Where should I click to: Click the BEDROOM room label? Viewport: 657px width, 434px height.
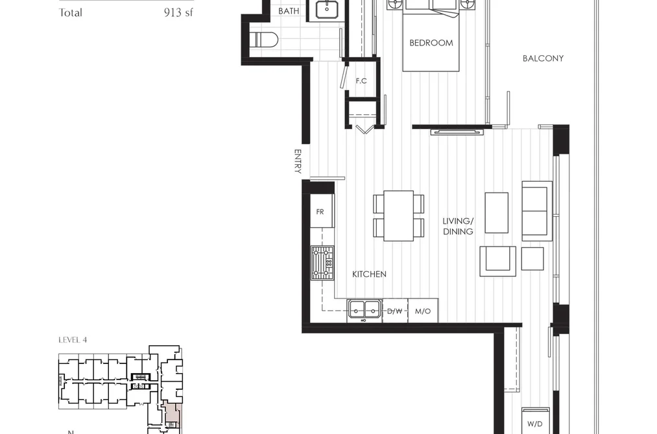(x=431, y=43)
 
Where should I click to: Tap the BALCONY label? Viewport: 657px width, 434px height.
(x=543, y=58)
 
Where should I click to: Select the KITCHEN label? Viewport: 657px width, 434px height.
(x=369, y=274)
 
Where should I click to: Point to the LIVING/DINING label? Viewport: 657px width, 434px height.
(x=458, y=226)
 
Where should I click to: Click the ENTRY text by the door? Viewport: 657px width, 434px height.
(x=298, y=162)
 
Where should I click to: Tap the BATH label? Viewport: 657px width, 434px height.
(x=289, y=11)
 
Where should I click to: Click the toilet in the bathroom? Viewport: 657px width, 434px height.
(x=264, y=40)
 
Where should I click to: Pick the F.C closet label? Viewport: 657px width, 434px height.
(x=361, y=81)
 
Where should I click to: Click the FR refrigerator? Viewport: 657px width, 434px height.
(x=322, y=211)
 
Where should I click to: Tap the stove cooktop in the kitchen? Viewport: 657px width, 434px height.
(x=322, y=263)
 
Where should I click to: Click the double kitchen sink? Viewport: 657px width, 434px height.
(x=364, y=311)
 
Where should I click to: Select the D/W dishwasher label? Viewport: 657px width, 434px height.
(x=395, y=311)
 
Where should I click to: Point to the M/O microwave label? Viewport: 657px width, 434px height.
(x=423, y=311)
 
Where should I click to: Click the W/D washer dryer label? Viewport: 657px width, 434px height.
(x=534, y=424)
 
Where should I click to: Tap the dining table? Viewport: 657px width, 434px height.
(x=398, y=216)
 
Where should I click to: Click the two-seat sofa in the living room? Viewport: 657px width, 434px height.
(x=537, y=211)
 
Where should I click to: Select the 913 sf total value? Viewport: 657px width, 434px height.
(x=178, y=12)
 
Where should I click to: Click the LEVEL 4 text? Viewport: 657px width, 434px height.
(x=73, y=340)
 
